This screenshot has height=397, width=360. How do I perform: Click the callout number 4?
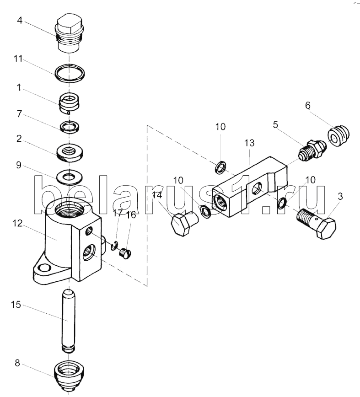point(20,20)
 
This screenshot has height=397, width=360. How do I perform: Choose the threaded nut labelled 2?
point(70,152)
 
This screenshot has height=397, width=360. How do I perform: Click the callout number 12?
point(17,224)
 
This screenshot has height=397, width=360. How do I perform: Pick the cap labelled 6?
point(339,136)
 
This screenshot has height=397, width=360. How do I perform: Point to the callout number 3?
point(339,197)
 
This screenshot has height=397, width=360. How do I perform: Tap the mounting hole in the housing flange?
point(45,268)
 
